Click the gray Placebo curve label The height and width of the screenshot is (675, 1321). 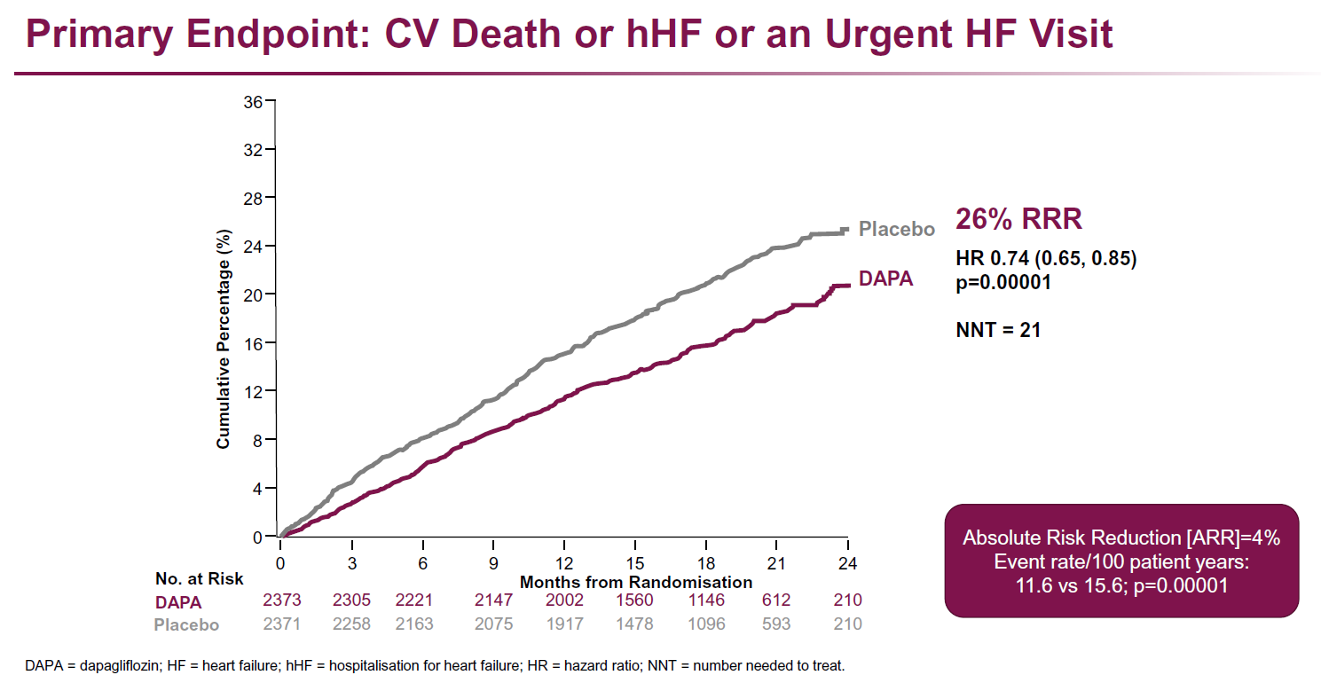897,230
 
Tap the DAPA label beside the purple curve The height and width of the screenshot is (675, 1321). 885,279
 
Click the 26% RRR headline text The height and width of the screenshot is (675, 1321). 1018,219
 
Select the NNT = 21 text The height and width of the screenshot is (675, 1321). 998,330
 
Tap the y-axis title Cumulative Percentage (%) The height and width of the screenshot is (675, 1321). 224,339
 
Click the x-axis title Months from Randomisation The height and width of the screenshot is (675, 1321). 635,583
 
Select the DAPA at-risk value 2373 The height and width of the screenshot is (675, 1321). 282,600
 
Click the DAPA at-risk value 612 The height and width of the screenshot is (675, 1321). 775,600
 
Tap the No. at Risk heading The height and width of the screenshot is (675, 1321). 199,579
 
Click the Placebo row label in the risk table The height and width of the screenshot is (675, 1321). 186,624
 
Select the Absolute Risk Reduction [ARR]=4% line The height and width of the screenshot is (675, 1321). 1121,538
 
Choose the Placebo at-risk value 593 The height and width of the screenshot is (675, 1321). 775,624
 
